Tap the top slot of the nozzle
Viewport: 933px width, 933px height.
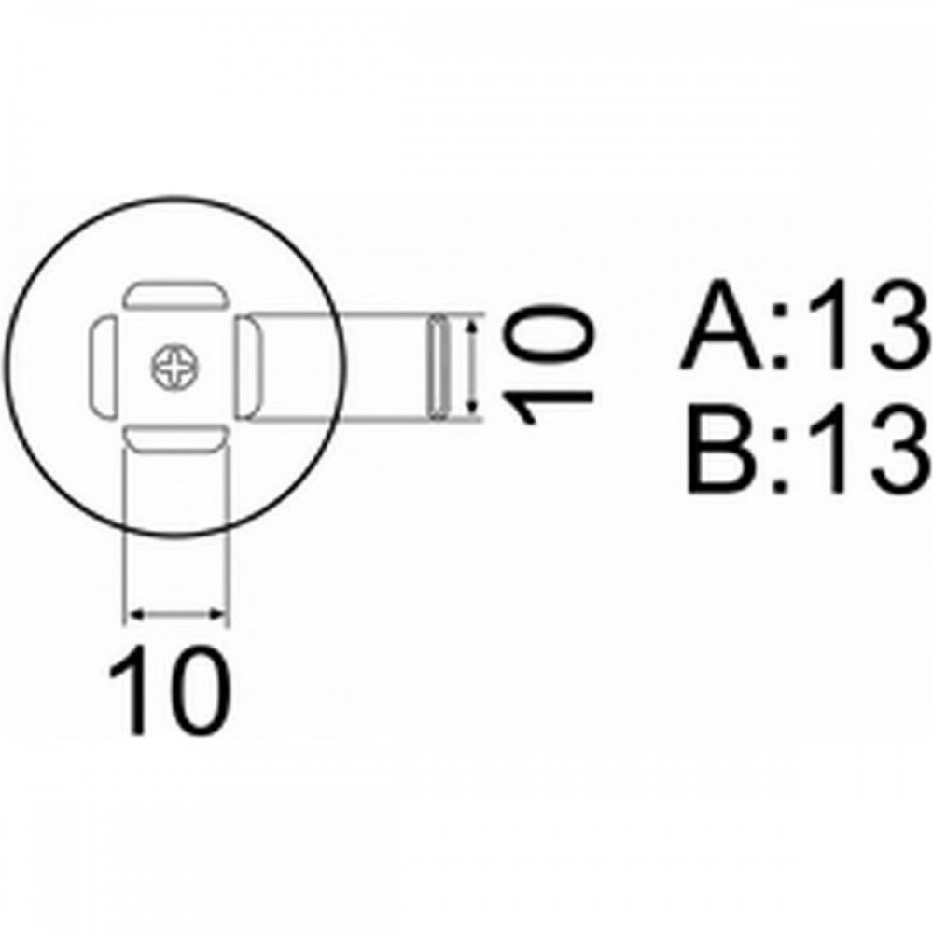pyautogui.click(x=176, y=295)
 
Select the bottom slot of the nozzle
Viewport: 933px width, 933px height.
pyautogui.click(x=176, y=439)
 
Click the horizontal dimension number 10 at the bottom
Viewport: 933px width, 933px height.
pyautogui.click(x=170, y=690)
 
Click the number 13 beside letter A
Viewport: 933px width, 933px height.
pyautogui.click(x=869, y=325)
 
